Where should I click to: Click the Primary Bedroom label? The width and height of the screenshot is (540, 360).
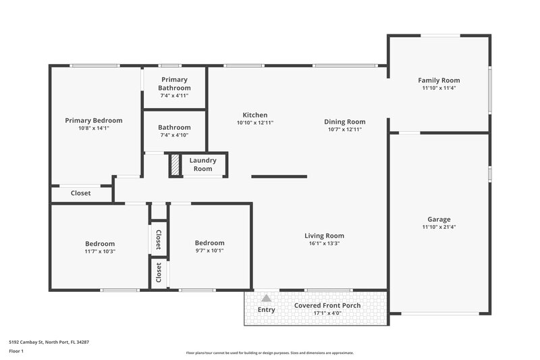pos(93,120)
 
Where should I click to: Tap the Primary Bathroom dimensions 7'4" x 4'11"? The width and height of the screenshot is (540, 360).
pos(174,96)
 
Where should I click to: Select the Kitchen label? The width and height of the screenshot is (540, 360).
pos(255,115)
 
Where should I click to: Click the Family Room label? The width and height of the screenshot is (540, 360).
pos(439,80)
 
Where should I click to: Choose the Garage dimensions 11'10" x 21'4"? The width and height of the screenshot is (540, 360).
pos(439,227)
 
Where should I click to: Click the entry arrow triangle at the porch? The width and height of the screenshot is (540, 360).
pos(267,298)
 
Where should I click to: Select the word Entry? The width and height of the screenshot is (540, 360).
pos(267,310)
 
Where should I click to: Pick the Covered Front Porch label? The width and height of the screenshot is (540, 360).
pos(327,305)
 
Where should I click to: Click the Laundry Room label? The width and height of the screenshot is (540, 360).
pos(202,164)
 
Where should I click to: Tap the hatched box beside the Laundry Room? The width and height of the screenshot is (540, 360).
pos(175,165)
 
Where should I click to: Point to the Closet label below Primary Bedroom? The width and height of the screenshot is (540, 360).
pos(81,193)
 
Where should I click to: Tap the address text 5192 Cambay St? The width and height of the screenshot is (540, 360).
pos(49,342)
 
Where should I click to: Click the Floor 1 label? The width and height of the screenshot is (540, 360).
pos(17,352)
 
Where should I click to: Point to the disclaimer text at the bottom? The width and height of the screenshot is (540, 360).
pos(270,353)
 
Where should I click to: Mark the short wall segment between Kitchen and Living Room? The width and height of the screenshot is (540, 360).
pos(279,176)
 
